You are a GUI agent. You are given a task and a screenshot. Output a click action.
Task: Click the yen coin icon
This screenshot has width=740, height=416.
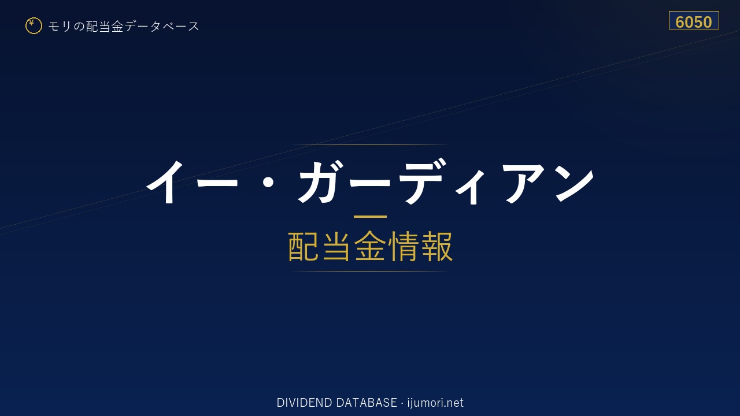click(x=34, y=26)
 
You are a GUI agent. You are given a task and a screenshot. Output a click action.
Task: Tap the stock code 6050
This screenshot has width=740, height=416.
click(x=693, y=22)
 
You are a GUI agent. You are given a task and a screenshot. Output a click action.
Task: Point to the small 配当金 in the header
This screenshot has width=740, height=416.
click(x=105, y=27)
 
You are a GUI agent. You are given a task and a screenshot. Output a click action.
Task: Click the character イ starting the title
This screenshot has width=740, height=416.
click(x=165, y=181)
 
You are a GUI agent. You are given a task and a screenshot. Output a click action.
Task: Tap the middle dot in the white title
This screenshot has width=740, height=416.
click(x=268, y=182)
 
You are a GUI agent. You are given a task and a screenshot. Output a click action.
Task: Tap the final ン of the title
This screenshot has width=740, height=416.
click(x=575, y=183)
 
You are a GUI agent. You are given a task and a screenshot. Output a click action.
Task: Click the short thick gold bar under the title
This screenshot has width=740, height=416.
click(x=370, y=217)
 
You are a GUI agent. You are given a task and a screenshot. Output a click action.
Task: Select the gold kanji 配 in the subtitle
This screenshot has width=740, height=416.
click(x=304, y=246)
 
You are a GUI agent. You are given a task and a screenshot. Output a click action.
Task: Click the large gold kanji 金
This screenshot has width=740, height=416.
click(x=369, y=246)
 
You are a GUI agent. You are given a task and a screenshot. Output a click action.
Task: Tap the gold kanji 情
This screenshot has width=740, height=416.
click(x=403, y=246)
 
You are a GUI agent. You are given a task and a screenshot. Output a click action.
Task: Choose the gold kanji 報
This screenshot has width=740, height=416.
click(x=436, y=246)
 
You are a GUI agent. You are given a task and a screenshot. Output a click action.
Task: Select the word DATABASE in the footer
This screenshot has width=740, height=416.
click(x=367, y=403)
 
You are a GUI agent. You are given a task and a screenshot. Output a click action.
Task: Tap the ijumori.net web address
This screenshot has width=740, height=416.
click(x=435, y=403)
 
